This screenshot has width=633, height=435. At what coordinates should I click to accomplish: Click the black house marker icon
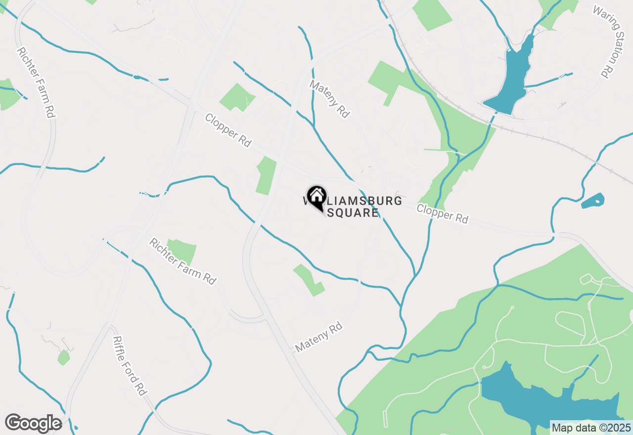pyautogui.click(x=316, y=196)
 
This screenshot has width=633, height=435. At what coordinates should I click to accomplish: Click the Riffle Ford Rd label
pyautogui.click(x=130, y=366)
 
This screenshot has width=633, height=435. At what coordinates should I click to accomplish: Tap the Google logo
pyautogui.click(x=33, y=423)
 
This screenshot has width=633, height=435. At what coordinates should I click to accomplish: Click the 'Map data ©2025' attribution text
pyautogui.click(x=591, y=428)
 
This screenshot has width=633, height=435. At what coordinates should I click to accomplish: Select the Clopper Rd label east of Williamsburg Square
pyautogui.click(x=442, y=214)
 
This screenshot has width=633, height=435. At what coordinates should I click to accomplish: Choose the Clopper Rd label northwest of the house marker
pyautogui.click(x=228, y=130)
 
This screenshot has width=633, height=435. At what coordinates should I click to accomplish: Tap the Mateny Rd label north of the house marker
pyautogui.click(x=329, y=99)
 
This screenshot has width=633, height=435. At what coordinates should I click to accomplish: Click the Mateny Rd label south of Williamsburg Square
pyautogui.click(x=319, y=338)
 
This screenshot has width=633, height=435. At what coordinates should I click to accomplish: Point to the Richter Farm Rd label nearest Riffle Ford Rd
pyautogui.click(x=183, y=261)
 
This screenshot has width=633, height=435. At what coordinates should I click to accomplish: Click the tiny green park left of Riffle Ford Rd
pyautogui.click(x=64, y=357)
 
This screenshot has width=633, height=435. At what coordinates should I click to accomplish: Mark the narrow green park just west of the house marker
pyautogui.click(x=266, y=175)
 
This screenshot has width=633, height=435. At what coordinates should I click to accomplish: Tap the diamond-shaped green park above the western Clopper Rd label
pyautogui.click(x=237, y=97)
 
